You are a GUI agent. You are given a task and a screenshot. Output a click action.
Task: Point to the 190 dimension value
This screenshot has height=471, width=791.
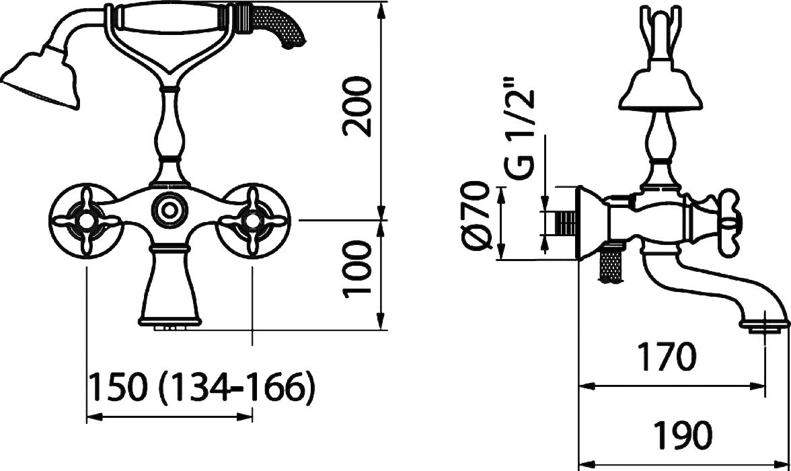coord(683,434)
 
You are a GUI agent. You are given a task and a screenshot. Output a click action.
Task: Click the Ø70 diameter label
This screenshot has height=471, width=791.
coord(476,215)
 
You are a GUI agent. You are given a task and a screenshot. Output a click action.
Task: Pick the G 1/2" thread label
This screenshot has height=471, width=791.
coord(519,129)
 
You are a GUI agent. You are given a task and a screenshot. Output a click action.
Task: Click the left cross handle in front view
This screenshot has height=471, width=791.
coord(87,221)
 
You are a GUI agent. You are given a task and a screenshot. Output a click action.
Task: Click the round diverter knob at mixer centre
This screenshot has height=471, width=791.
coord(169,207)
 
